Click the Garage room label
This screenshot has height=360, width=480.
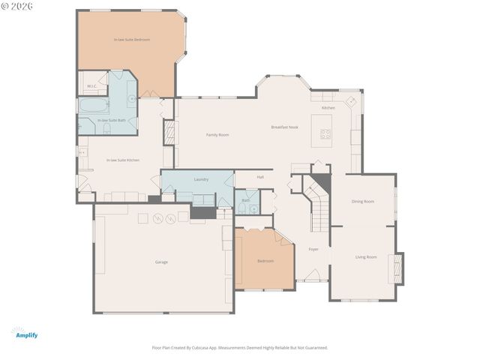point(161,262)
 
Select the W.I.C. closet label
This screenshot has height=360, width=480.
point(91,86)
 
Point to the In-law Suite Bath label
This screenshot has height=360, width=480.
point(112,120)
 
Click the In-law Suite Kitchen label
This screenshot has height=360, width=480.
point(122,160)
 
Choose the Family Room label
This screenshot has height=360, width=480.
point(217,134)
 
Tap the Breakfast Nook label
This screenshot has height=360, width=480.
point(285,127)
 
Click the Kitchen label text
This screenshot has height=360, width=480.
point(328,108)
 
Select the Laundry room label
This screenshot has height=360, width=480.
point(201,179)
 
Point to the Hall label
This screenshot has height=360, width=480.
point(260,177)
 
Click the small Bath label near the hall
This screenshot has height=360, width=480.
point(246,200)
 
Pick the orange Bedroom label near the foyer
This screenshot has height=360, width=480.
point(265,261)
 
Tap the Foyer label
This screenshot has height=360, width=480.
point(313,249)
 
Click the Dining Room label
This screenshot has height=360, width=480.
point(362,201)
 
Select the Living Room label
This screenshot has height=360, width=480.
point(366,257)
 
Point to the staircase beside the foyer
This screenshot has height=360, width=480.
point(319,207)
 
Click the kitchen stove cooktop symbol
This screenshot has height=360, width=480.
point(326,134)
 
